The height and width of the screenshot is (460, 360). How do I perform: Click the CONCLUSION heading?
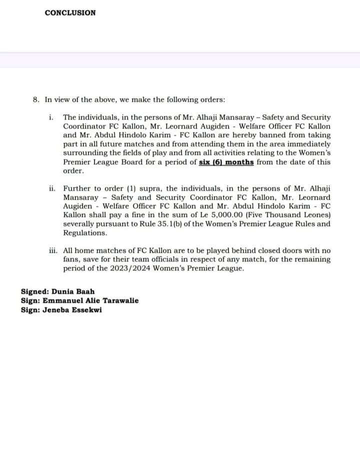(70, 13)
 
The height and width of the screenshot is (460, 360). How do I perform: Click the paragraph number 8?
(35, 99)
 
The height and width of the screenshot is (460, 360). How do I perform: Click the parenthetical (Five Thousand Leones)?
(279, 215)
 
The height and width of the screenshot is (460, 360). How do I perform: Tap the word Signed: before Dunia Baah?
(34, 291)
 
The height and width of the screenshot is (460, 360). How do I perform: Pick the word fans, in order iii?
(72, 260)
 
